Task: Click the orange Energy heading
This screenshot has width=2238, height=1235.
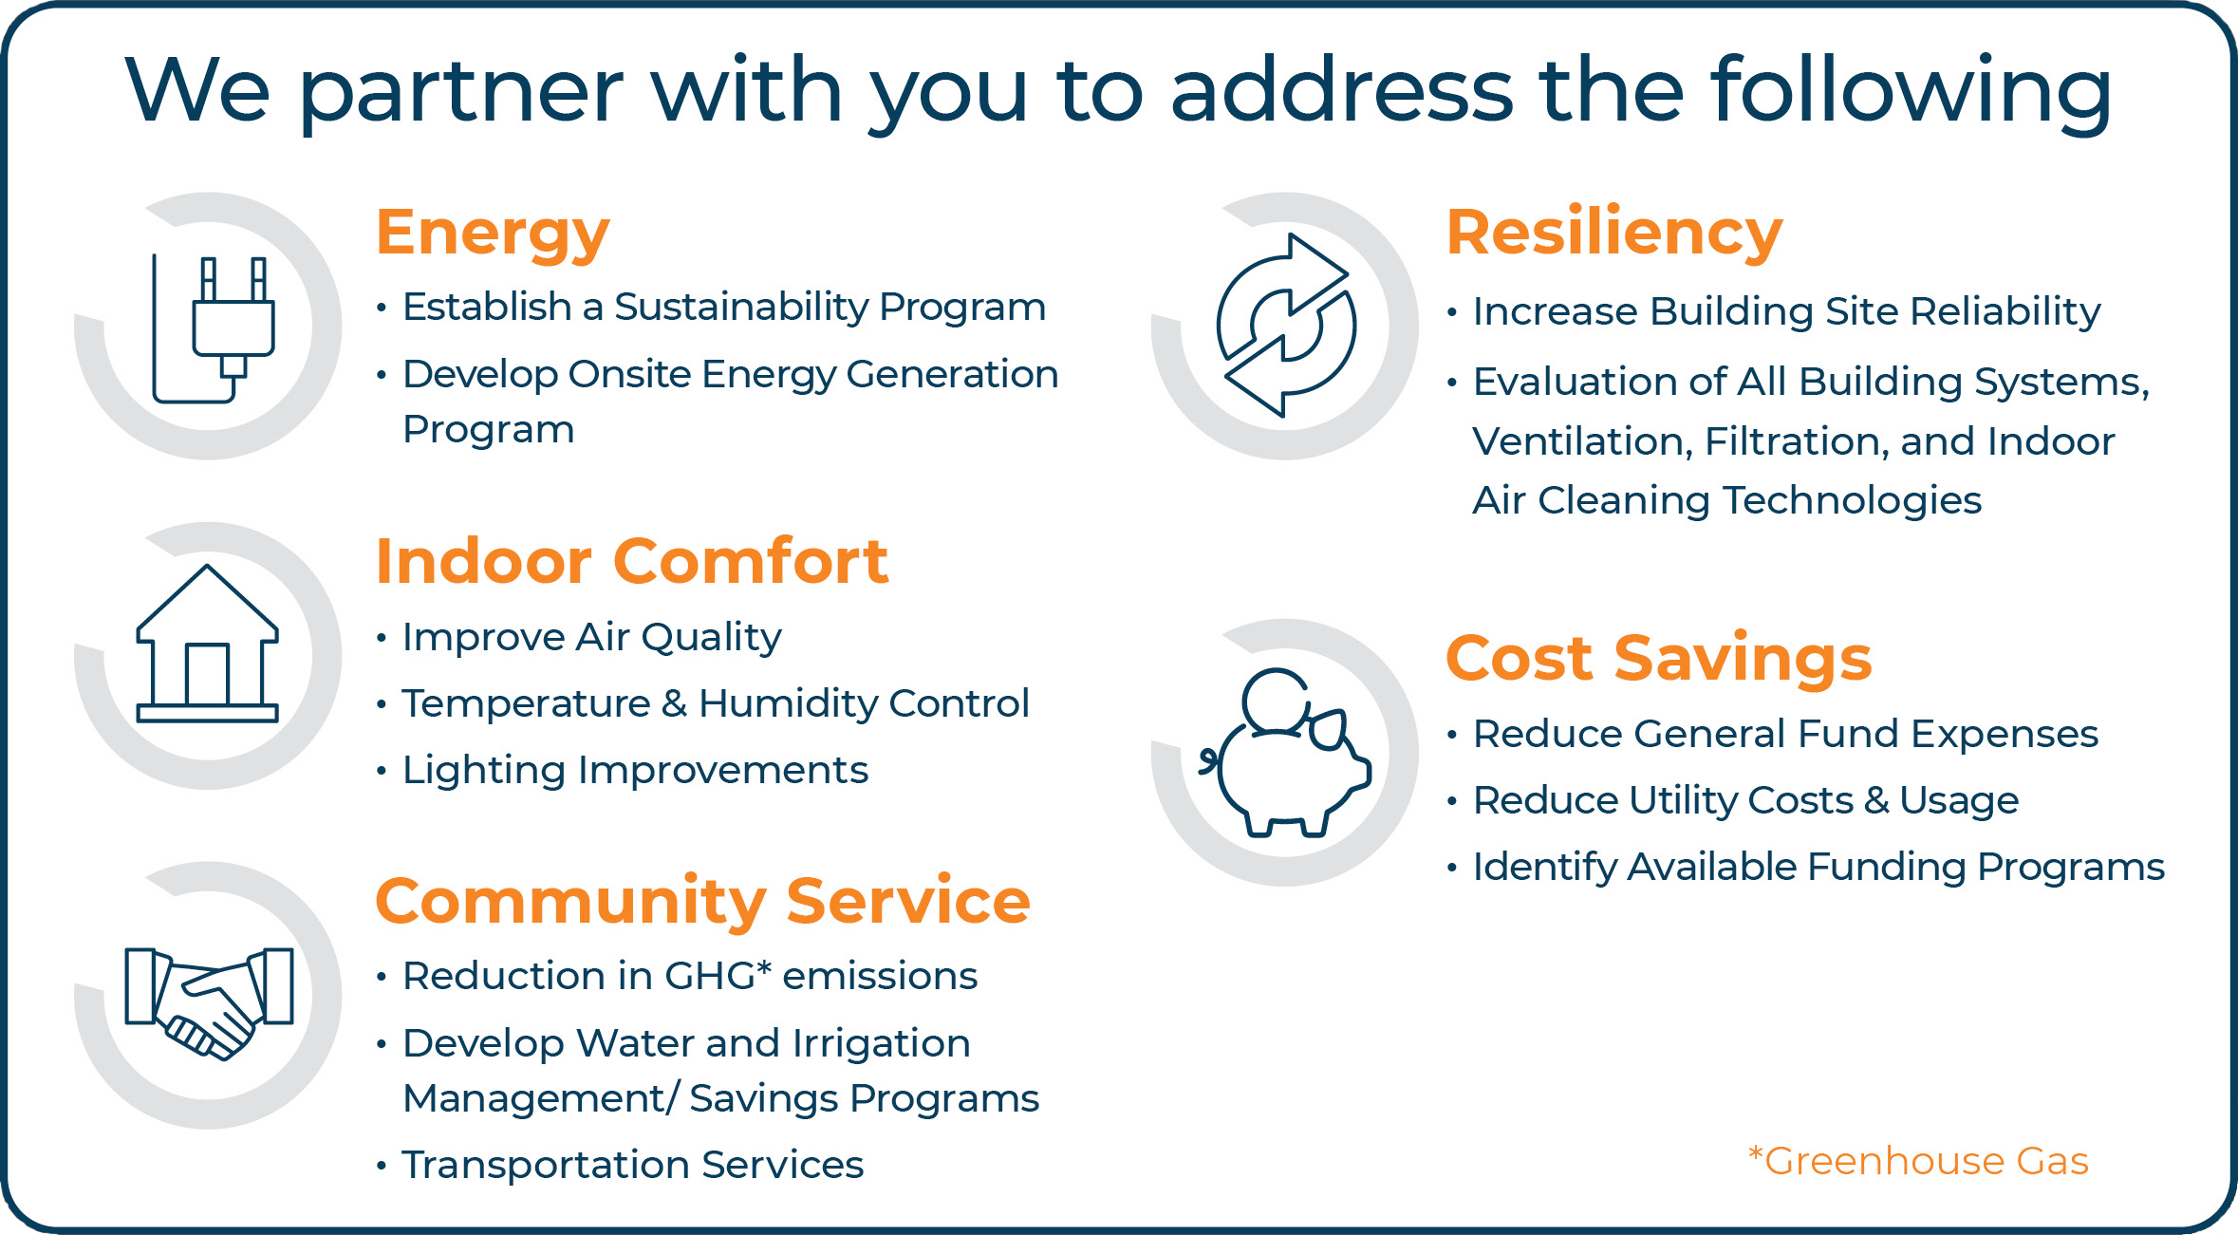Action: [493, 234]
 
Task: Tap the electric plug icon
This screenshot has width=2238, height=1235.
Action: [214, 328]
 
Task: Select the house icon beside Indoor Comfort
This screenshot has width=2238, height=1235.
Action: [208, 644]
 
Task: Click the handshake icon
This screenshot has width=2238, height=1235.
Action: [210, 1002]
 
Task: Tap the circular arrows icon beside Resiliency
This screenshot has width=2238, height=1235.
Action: [1286, 326]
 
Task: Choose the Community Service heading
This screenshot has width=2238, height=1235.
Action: [703, 901]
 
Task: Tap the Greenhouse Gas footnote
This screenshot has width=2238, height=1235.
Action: [1918, 1161]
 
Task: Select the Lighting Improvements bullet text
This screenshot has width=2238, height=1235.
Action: [635, 770]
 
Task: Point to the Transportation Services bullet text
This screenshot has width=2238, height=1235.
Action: [633, 1165]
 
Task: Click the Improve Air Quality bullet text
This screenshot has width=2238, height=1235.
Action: [592, 637]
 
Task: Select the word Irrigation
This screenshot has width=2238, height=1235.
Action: [882, 1044]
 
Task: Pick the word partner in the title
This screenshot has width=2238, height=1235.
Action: [460, 92]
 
